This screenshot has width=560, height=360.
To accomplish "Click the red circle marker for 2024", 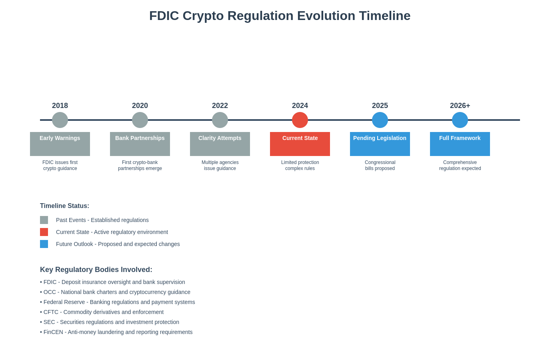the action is click(x=300, y=120).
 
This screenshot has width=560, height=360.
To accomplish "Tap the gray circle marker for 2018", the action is click(x=60, y=120).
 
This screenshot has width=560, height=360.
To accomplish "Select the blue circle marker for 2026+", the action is click(x=460, y=120).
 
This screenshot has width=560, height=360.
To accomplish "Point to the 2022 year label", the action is click(x=220, y=106).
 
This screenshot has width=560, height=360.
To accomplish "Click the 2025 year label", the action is click(x=380, y=106).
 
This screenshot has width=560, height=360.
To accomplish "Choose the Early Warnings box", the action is click(x=60, y=144).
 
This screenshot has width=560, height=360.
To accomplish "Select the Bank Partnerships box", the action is click(x=140, y=144).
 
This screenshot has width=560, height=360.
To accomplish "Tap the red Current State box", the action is click(x=300, y=144).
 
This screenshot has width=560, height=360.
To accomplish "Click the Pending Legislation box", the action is click(x=380, y=144).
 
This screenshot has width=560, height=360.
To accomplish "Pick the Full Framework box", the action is click(x=460, y=144).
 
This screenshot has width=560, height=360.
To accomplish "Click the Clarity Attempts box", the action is click(x=220, y=144).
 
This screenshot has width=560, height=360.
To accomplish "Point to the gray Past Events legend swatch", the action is click(x=44, y=220).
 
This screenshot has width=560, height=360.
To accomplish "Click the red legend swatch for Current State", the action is click(x=44, y=232).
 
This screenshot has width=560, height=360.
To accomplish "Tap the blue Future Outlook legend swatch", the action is click(x=44, y=244).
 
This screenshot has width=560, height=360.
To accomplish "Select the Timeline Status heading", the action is click(x=64, y=206).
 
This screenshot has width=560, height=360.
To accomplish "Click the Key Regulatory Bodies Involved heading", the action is click(x=96, y=270).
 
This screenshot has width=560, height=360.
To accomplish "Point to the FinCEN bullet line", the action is click(x=116, y=332).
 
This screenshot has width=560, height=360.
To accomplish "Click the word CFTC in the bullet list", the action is click(x=51, y=312).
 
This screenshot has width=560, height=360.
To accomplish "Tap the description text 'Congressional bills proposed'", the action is click(x=380, y=165).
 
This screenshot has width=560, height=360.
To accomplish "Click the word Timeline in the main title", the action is click(x=384, y=16).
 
